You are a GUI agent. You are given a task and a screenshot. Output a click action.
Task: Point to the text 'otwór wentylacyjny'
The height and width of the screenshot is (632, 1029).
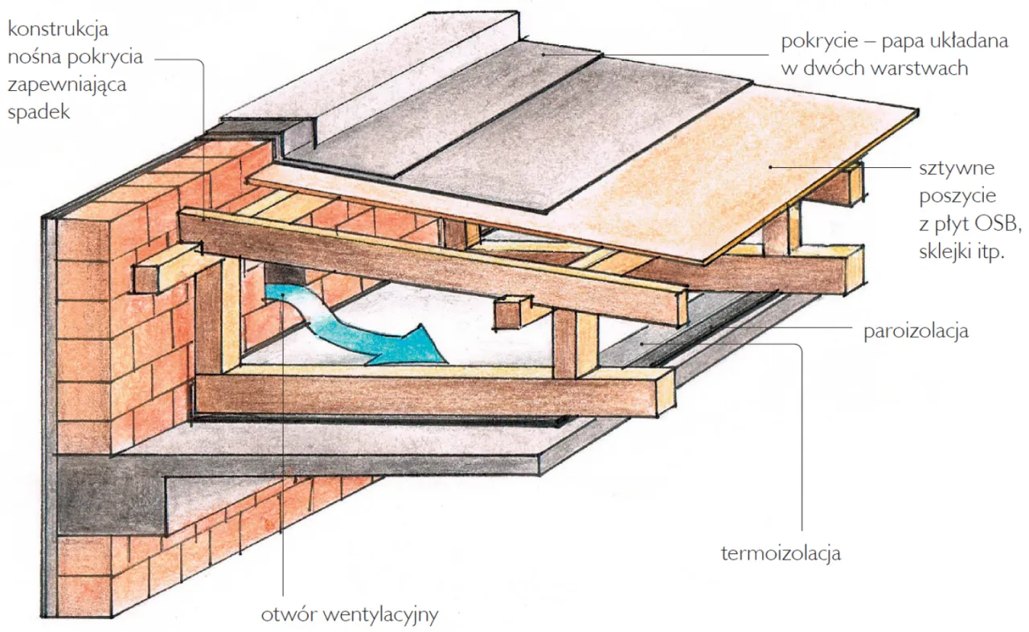[349, 616]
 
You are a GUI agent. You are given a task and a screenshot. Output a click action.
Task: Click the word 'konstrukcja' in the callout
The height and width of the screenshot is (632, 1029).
[57, 30]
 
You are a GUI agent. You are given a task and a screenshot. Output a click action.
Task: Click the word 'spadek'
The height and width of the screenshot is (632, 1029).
[38, 112]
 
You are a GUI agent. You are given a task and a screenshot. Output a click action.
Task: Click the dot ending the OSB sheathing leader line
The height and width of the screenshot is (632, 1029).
[771, 166]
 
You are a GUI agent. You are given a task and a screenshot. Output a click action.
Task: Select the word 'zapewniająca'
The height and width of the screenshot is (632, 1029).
[66, 84]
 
